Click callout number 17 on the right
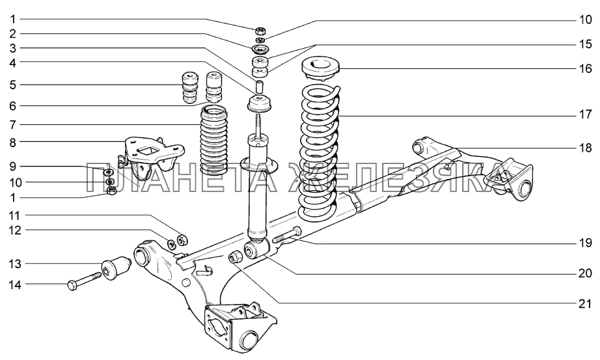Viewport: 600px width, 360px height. tap(585, 116)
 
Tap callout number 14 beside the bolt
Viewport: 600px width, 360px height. tap(14, 284)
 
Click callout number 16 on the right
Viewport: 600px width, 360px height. tap(585, 68)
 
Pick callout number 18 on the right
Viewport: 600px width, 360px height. tap(585, 148)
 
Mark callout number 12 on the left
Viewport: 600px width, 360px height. tap(14, 230)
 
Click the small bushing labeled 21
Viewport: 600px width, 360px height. tap(236, 257)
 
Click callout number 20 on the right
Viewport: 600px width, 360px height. tap(585, 273)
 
